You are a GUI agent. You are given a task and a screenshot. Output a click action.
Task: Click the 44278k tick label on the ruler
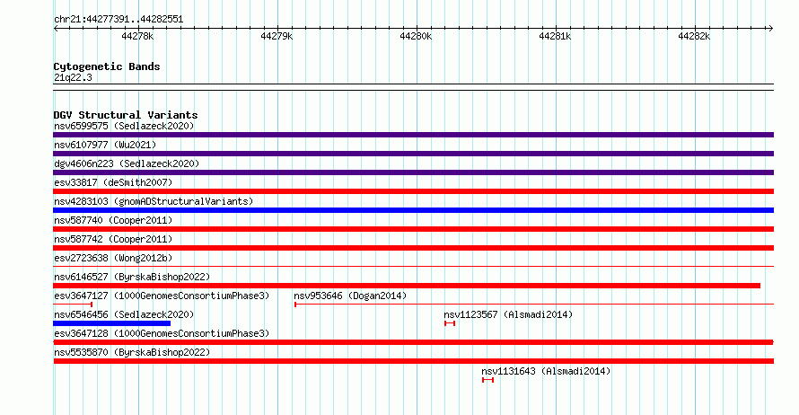tap(137, 36)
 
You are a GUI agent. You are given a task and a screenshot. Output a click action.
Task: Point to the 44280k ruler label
tap(416, 36)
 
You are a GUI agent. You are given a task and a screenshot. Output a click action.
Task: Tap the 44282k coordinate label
tap(694, 36)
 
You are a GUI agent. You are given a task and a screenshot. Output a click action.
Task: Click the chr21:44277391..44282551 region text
tap(119, 20)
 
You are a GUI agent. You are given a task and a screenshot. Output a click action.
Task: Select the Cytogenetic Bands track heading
tap(107, 66)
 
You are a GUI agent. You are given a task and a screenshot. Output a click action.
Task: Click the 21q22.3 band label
tap(73, 77)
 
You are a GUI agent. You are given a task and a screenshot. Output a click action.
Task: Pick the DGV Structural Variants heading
tap(126, 115)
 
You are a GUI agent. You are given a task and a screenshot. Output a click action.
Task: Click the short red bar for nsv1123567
tap(450, 323)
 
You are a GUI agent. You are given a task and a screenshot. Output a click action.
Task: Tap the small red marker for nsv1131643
tap(487, 380)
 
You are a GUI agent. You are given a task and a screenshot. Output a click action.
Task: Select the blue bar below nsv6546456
tap(111, 323)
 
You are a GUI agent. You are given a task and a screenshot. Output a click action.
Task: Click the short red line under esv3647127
tap(73, 305)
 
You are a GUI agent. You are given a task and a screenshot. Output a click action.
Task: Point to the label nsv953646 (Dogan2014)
tap(350, 296)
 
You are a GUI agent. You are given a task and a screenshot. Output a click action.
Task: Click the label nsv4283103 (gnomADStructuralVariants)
tap(154, 201)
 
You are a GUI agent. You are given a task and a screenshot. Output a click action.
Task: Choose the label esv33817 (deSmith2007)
tap(113, 182)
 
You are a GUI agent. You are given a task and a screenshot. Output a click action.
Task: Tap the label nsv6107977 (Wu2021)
tap(105, 145)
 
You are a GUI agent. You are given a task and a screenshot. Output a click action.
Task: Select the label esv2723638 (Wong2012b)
tap(113, 258)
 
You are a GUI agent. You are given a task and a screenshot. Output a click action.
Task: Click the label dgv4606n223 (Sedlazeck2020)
tap(127, 163)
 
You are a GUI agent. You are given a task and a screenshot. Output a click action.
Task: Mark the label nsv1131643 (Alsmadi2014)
tap(546, 371)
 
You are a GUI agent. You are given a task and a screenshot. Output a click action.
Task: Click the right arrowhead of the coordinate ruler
tap(771, 29)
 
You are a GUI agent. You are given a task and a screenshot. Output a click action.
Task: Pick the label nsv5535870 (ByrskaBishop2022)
tap(132, 352)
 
